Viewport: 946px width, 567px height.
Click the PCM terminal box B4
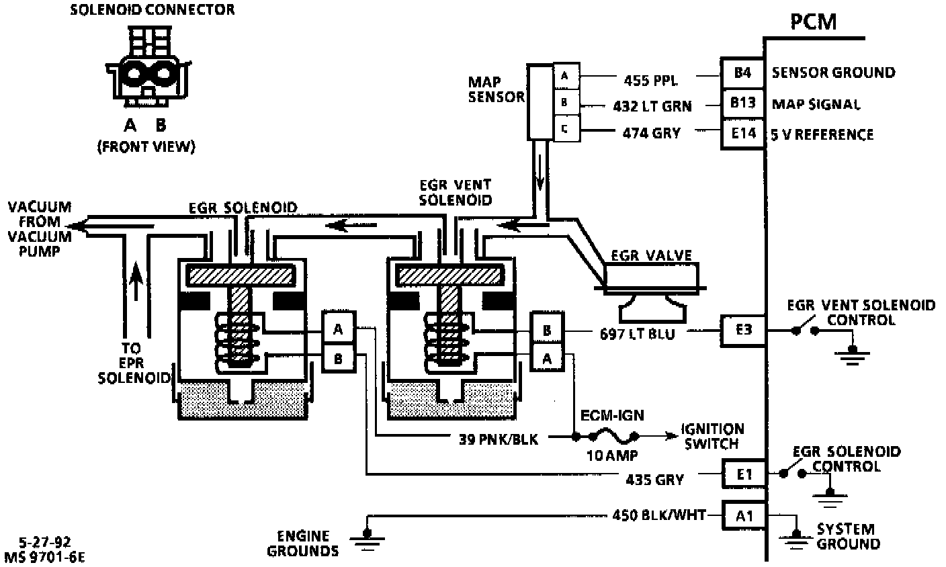pos(742,73)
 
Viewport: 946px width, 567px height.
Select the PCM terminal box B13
pos(742,103)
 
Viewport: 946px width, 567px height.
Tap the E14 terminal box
pos(742,134)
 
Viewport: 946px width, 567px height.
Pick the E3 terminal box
pos(742,330)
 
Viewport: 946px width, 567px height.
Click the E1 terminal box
pos(743,474)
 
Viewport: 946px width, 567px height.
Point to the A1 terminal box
pos(743,515)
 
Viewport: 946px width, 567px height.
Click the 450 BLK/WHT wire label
pos(659,515)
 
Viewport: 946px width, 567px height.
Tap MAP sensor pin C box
pos(564,130)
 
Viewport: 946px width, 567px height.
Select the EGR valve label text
pos(651,255)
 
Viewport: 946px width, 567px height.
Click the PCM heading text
pos(813,21)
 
